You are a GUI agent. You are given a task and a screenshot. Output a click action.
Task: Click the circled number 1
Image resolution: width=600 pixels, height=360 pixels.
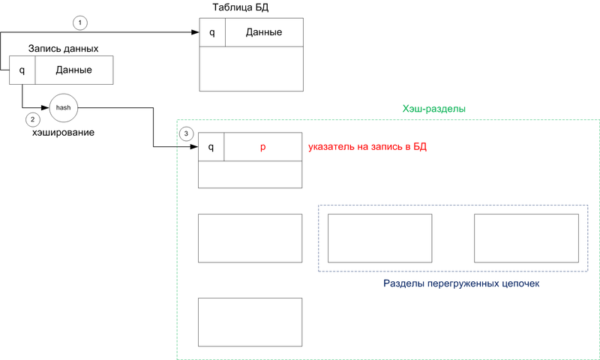(80, 22)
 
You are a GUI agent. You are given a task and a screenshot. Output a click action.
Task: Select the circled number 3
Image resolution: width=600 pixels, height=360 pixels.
(187, 133)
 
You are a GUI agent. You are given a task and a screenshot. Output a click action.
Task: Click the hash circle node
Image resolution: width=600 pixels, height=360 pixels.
(64, 108)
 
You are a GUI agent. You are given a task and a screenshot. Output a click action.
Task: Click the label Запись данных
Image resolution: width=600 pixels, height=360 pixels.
(64, 49)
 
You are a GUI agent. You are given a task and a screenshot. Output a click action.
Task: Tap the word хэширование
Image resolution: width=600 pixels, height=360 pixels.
(64, 132)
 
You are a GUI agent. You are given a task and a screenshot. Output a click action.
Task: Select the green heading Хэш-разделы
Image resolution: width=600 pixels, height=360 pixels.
(434, 109)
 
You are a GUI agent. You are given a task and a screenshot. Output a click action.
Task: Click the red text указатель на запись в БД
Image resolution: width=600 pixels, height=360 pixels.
(367, 147)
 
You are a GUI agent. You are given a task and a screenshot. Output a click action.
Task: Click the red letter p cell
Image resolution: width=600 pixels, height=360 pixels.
(262, 148)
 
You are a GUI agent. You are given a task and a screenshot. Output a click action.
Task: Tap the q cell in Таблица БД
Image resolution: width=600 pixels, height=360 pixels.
(212, 32)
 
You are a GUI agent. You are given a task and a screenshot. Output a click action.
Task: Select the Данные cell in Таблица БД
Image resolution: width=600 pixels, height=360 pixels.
(264, 32)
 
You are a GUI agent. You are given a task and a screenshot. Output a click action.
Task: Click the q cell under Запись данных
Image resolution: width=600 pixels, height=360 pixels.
(22, 70)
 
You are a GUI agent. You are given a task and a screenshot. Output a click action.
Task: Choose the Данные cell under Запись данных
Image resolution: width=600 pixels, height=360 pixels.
(73, 70)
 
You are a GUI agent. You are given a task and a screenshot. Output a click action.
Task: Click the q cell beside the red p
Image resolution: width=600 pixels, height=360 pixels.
(211, 148)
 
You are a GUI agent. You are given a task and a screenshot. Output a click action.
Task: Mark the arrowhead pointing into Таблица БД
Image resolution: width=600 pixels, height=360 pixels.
(194, 32)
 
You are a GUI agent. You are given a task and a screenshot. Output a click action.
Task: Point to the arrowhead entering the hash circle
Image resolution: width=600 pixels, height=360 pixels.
(44, 108)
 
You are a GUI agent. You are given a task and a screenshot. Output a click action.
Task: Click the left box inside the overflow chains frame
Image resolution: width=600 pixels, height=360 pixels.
(380, 238)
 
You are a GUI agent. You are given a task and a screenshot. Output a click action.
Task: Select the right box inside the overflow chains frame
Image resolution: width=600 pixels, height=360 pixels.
(526, 238)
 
